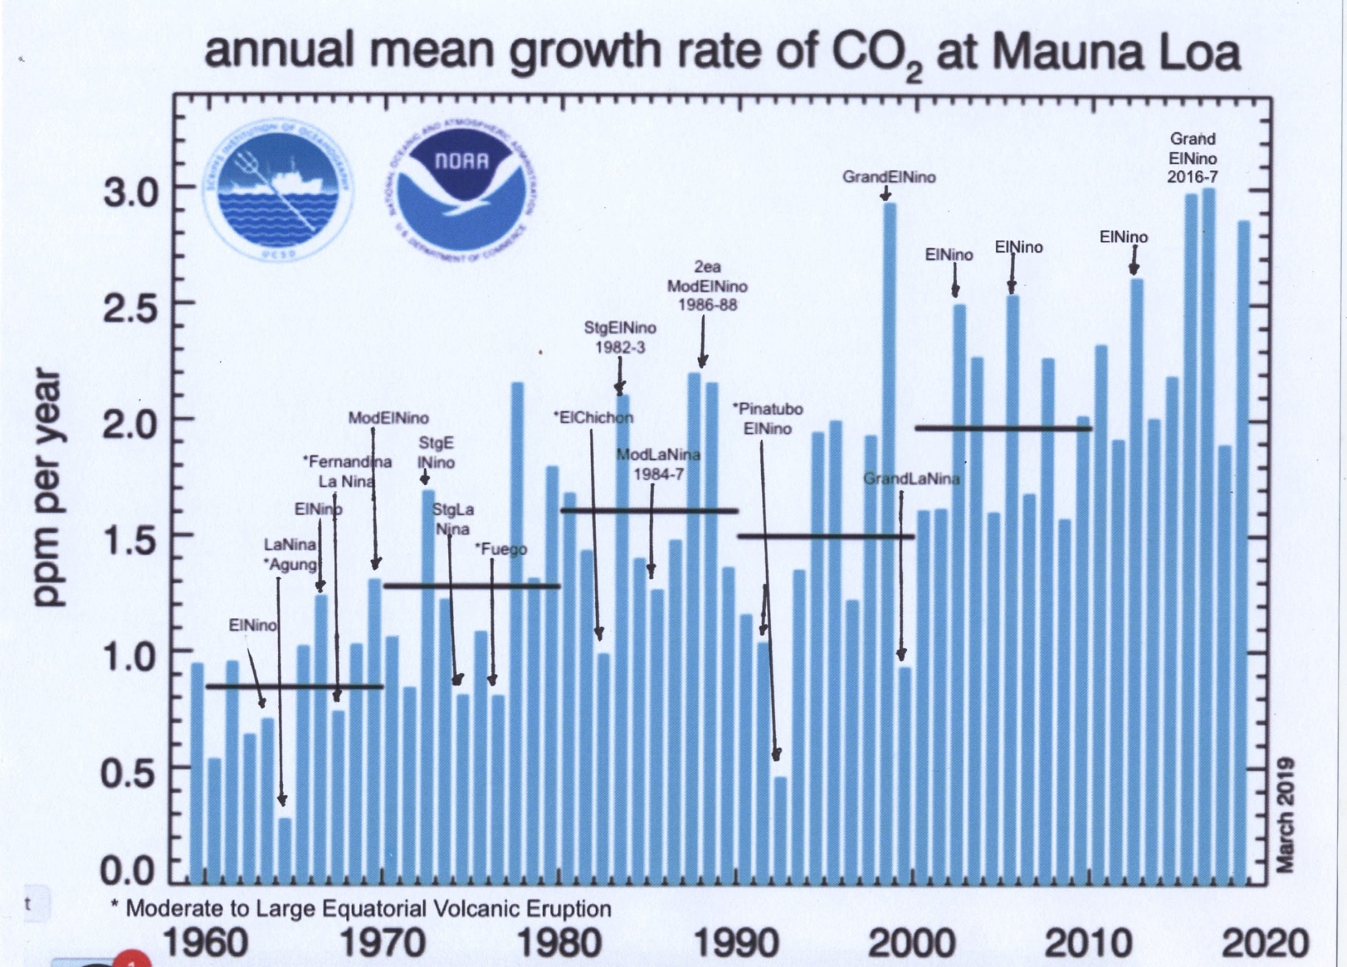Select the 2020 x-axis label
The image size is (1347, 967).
click(x=1265, y=943)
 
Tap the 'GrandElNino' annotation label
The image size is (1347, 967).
click(x=888, y=177)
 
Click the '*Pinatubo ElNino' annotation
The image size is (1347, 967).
click(x=768, y=419)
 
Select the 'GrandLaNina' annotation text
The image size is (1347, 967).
click(x=912, y=479)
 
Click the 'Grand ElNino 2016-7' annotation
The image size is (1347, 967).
click(x=1192, y=158)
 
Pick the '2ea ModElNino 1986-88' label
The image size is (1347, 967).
click(x=707, y=286)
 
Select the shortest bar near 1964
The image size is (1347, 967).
click(x=285, y=851)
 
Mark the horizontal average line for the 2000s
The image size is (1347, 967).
click(x=1003, y=428)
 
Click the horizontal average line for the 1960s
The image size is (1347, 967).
click(x=295, y=687)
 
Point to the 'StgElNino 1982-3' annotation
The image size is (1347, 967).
click(x=620, y=337)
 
